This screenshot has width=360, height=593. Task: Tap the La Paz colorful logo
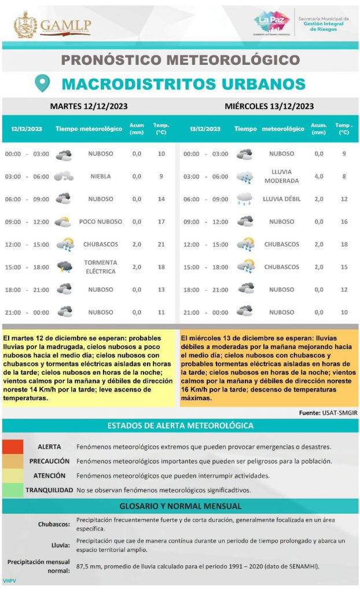271,23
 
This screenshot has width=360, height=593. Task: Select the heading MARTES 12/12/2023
89,106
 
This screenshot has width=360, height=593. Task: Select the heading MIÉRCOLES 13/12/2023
269,106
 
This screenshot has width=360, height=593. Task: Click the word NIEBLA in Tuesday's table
101,177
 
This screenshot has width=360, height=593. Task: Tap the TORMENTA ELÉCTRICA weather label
101,267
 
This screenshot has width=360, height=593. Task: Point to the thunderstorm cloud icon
64,267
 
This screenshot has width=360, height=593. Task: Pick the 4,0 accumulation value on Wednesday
319,177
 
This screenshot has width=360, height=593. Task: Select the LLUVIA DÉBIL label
282,199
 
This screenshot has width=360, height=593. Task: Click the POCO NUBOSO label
101,222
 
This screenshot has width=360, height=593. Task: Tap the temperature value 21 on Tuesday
161,244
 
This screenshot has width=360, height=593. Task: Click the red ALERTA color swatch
12,447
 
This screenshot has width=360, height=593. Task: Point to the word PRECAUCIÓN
50,462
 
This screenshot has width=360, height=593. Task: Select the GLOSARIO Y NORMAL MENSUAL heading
180,506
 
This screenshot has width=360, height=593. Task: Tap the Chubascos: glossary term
54,525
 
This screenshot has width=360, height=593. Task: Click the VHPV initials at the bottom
9,580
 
